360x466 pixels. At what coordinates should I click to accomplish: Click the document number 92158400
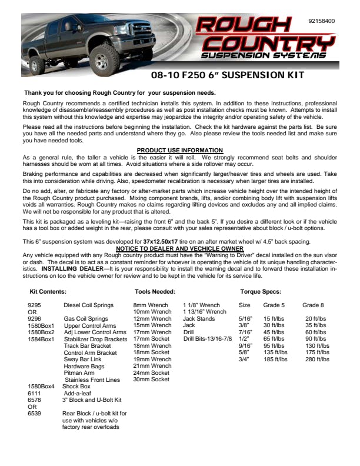point(322,21)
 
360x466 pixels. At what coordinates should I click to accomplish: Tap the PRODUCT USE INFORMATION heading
point(179,151)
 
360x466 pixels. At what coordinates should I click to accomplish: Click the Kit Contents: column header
point(48,292)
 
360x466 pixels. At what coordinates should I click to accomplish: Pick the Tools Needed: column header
point(155,292)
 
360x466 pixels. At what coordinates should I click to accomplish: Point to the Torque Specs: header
point(261,292)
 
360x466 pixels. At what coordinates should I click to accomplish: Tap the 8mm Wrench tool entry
point(151,305)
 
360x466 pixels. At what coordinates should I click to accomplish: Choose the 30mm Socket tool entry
point(151,380)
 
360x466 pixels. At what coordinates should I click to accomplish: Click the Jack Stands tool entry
point(199,319)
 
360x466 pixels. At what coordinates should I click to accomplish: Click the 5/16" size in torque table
point(245,319)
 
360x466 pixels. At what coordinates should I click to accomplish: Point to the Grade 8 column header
point(313,305)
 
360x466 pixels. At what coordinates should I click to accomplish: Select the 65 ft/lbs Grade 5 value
point(275,339)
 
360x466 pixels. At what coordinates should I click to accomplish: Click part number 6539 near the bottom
point(34,414)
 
